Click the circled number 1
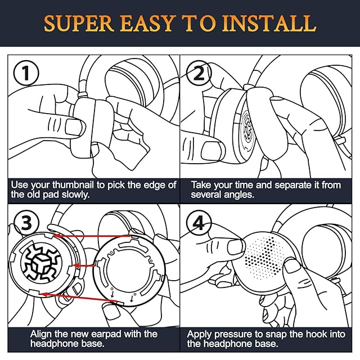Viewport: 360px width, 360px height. pyautogui.click(x=26, y=73)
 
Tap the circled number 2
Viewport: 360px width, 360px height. pyautogui.click(x=199, y=73)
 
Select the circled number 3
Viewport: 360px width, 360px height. pyautogui.click(x=26, y=223)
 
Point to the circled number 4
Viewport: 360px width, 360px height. pyautogui.click(x=199, y=223)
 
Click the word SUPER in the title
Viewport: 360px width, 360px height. pyautogui.click(x=79, y=23)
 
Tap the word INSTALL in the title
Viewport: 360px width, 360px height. pyautogui.click(x=269, y=23)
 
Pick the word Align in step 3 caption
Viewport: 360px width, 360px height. pyautogui.click(x=41, y=334)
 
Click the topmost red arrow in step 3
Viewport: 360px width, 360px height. pyautogui.click(x=92, y=236)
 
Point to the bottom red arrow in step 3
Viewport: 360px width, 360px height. pyautogui.click(x=78, y=298)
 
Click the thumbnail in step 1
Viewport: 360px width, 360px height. pyautogui.click(x=74, y=127)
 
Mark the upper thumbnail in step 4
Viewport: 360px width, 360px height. pyautogui.click(x=236, y=247)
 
